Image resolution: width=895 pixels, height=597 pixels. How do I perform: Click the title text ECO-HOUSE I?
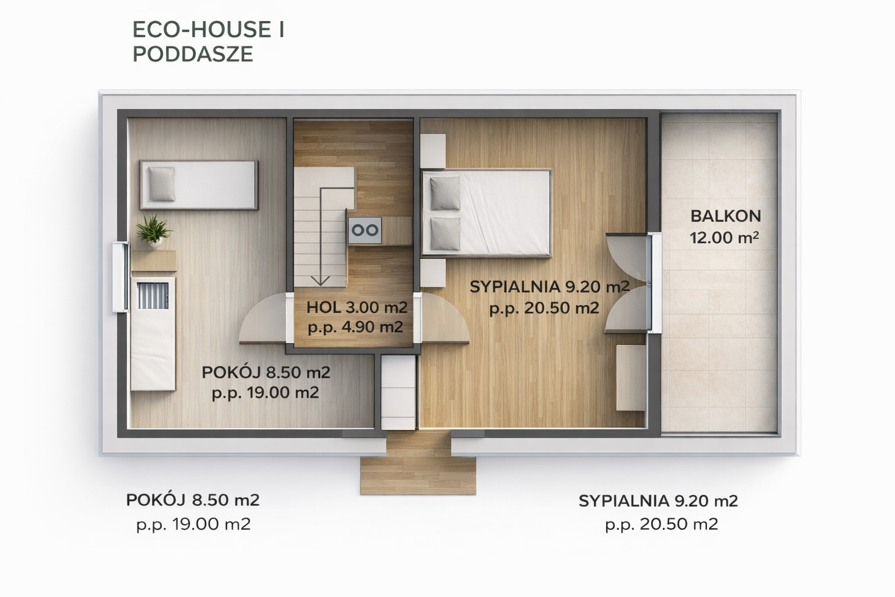[x=208, y=30]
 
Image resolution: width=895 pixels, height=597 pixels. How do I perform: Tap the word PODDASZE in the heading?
[x=193, y=54]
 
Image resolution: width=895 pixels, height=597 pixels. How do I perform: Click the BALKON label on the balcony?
[x=725, y=216]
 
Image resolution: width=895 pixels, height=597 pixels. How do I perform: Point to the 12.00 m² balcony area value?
[x=724, y=237]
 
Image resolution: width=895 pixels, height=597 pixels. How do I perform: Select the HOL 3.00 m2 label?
[x=357, y=307]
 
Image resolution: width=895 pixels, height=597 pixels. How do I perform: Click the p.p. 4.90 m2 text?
[x=355, y=328]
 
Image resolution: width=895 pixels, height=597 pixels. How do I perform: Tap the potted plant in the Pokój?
[x=154, y=231]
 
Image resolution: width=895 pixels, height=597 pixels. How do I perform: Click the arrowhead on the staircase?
[x=320, y=280]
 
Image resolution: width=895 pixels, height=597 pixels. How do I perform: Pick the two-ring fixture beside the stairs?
[x=364, y=230]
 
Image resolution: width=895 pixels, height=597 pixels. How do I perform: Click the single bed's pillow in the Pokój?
[x=162, y=184]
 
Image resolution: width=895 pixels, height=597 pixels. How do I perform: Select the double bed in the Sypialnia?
[x=487, y=213]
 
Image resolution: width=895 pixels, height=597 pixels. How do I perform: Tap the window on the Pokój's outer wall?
[x=120, y=277]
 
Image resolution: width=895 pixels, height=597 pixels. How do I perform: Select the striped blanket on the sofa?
[x=153, y=296]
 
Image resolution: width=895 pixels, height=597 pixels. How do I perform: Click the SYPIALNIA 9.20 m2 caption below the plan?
[x=658, y=501]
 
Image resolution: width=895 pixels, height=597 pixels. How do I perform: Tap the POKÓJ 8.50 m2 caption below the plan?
[x=193, y=500]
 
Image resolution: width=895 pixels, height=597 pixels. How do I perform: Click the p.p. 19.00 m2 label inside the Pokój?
[x=265, y=393]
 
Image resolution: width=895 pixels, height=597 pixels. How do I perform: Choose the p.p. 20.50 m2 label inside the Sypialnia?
[x=544, y=308]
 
